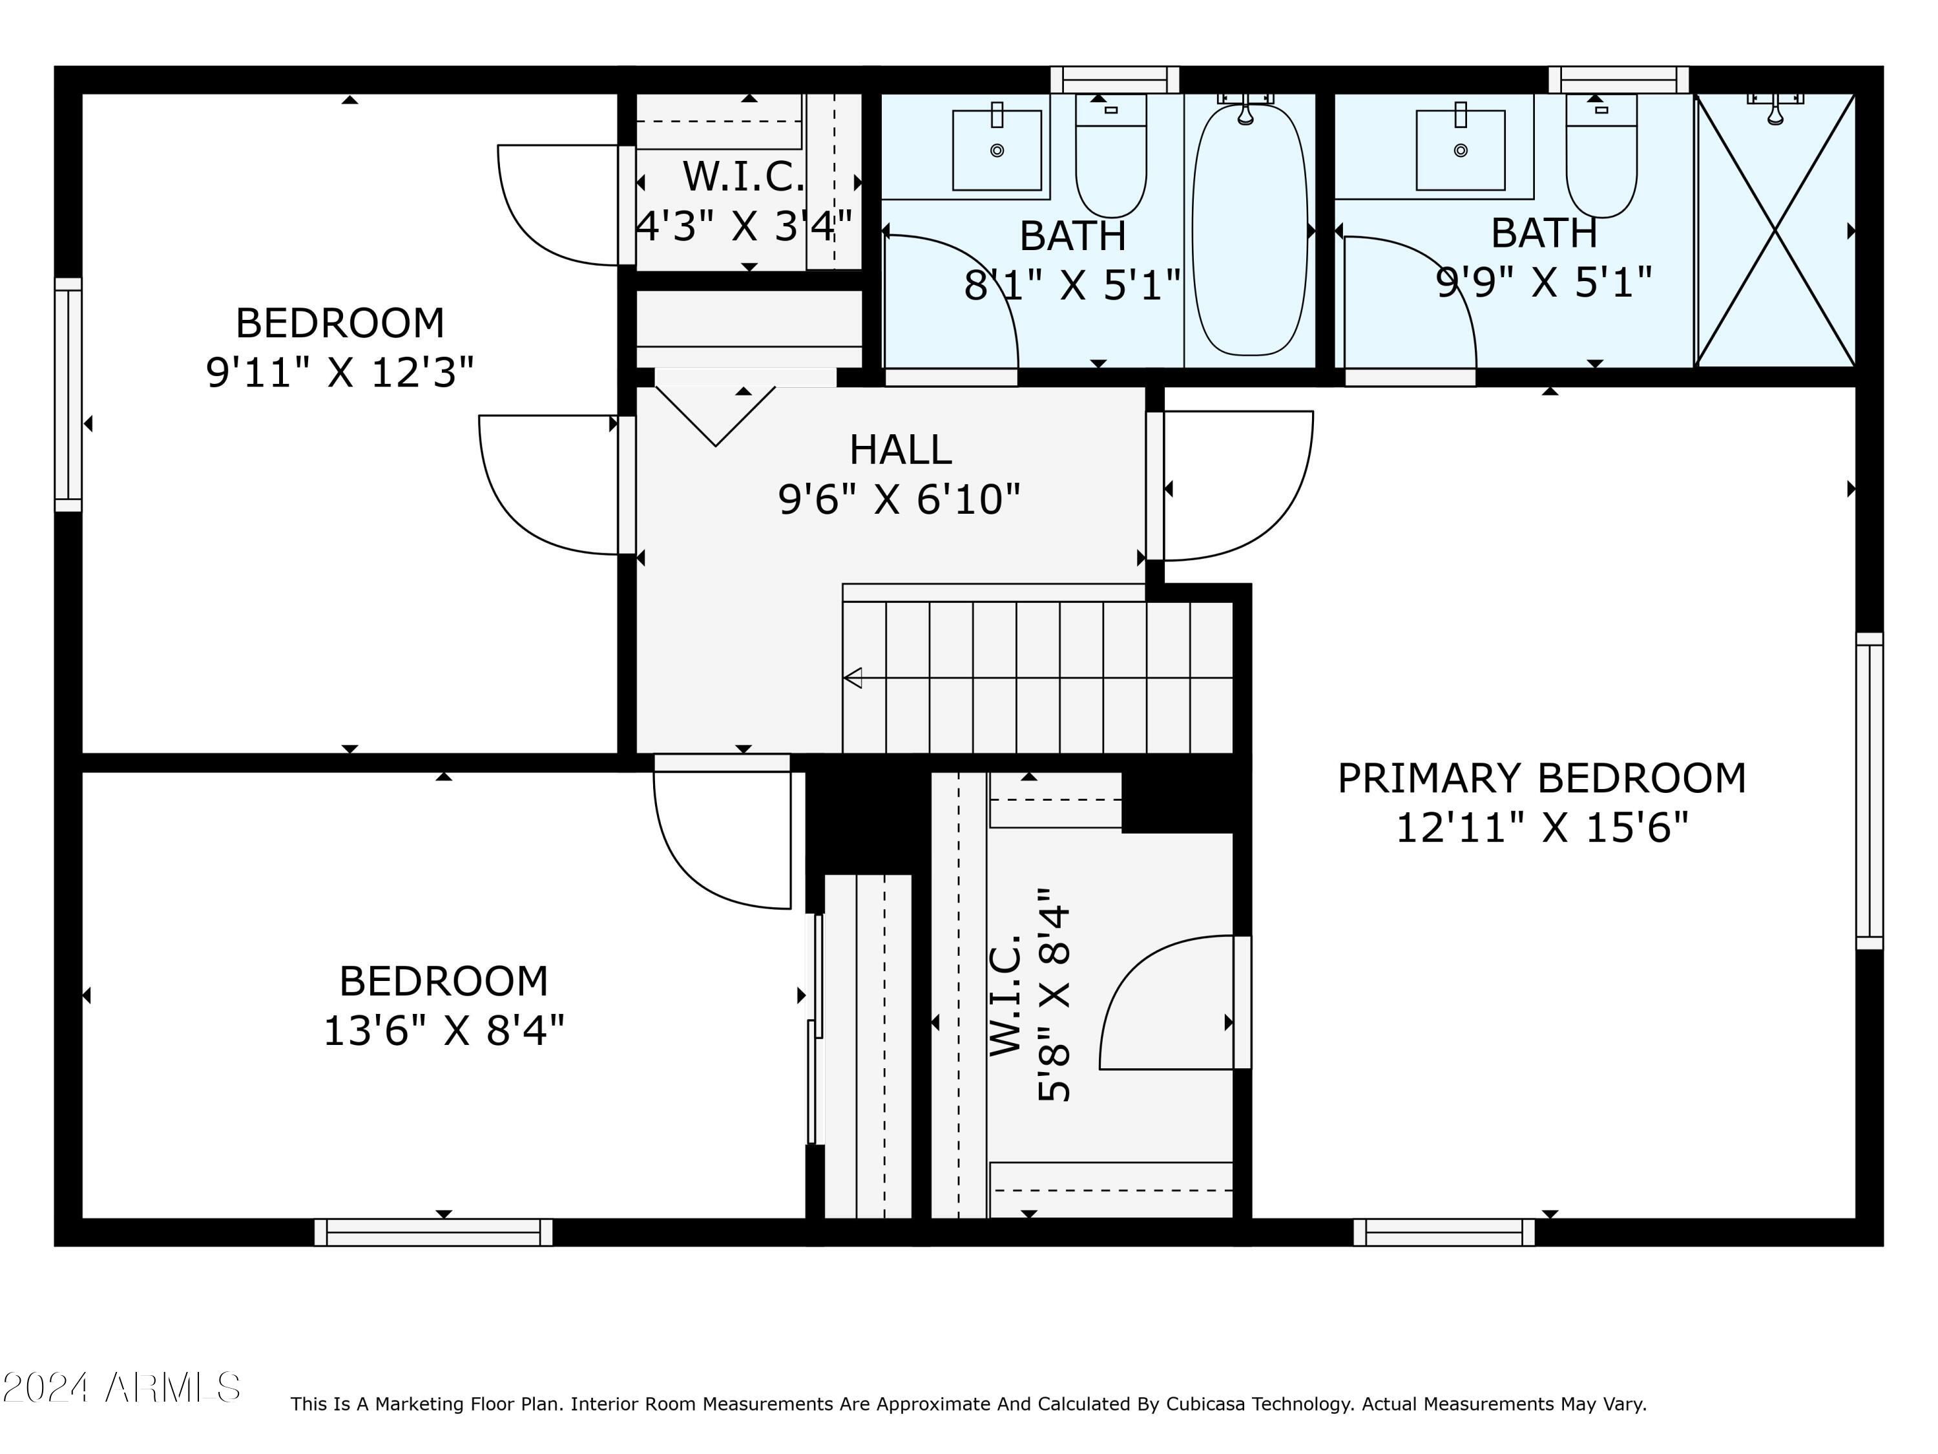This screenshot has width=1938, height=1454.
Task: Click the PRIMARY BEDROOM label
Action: coord(1541,778)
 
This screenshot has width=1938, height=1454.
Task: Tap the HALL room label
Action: coord(900,450)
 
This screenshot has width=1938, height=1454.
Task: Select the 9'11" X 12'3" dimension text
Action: coord(340,372)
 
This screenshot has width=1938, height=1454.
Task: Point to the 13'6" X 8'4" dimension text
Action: coord(444,1031)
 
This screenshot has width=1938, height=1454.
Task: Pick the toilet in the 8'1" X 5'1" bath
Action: coord(1111,156)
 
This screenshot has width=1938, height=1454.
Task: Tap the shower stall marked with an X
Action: coord(1775,231)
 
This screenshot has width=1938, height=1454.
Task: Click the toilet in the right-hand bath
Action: coord(1601,156)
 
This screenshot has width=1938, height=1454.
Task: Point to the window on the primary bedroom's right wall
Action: coord(1870,790)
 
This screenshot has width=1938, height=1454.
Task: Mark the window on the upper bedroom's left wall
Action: coord(68,394)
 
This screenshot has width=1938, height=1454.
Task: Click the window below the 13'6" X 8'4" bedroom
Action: coord(433,1232)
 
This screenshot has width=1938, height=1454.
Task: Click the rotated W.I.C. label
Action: coord(1006,996)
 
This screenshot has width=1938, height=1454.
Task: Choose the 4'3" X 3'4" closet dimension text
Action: coord(744,226)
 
